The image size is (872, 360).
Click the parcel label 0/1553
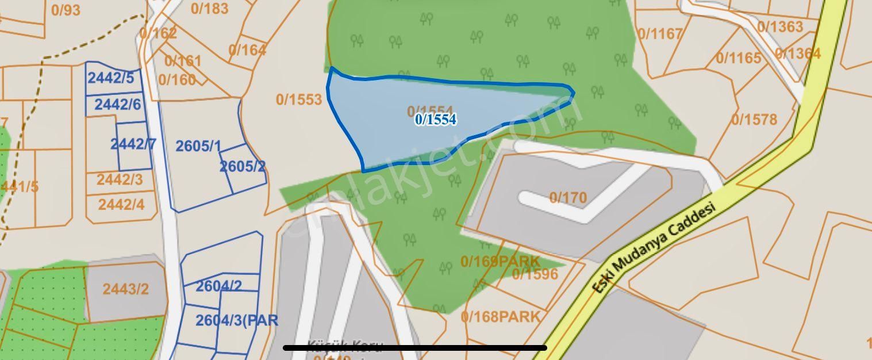(x=299, y=99)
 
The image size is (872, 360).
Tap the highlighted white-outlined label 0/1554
(x=436, y=120)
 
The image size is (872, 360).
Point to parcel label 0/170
(x=568, y=198)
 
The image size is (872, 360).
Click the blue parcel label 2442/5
(x=111, y=78)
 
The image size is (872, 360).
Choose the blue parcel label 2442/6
(x=118, y=105)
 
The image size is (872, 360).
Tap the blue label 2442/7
(x=133, y=144)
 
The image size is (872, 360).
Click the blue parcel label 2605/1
(x=198, y=146)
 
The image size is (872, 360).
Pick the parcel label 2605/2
(x=243, y=167)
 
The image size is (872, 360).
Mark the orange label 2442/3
(x=120, y=179)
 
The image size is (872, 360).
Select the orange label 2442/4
(x=121, y=204)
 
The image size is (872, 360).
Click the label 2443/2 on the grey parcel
(x=126, y=289)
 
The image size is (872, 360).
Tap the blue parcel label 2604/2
(x=219, y=286)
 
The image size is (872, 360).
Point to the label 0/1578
(x=754, y=120)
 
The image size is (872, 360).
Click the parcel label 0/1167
(x=660, y=35)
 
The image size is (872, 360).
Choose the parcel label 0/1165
(x=739, y=58)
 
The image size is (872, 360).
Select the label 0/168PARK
(x=501, y=316)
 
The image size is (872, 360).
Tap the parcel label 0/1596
(x=535, y=274)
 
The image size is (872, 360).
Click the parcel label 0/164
(x=247, y=50)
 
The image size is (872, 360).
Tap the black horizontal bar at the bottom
(x=415, y=347)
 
